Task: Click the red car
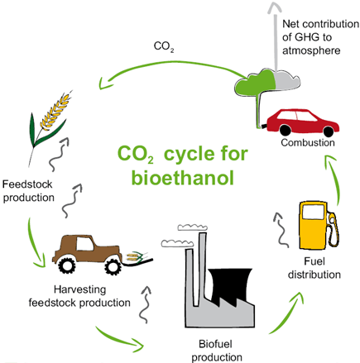click(302, 122)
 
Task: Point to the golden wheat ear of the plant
click(56, 110)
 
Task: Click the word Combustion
click(308, 143)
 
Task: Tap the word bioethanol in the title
click(182, 178)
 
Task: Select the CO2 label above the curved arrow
click(164, 46)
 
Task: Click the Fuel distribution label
click(314, 268)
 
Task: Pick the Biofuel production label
click(217, 351)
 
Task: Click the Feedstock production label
click(28, 191)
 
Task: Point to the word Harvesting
click(79, 289)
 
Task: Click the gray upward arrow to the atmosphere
click(275, 36)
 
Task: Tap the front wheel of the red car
click(329, 131)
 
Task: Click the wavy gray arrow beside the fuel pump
click(281, 230)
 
